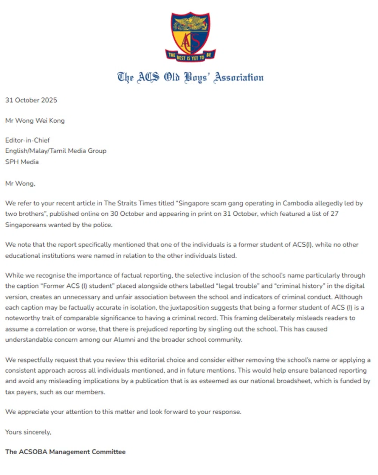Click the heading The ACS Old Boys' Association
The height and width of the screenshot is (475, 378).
190,77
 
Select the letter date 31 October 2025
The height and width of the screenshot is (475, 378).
31,100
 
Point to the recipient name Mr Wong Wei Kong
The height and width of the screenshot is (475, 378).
35,120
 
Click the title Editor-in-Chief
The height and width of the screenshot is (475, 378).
28,140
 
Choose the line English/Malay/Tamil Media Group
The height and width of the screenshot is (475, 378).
56,151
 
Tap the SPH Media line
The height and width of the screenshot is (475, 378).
22,162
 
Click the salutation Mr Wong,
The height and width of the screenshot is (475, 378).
20,184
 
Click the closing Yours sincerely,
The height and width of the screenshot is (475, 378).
28,432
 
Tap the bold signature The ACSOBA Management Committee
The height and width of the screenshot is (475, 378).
65,452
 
